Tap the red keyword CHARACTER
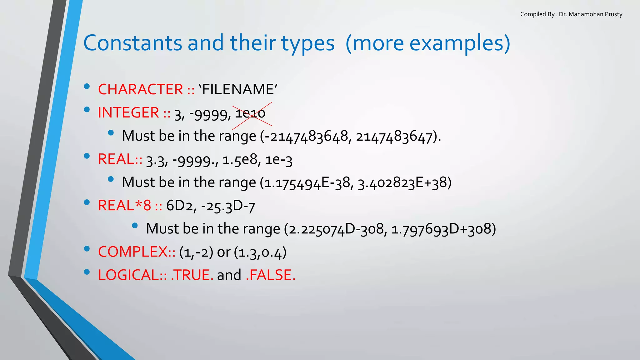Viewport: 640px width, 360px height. pyautogui.click(x=140, y=89)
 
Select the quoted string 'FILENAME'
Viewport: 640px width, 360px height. pyautogui.click(x=238, y=89)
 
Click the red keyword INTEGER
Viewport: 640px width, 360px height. pyautogui.click(x=128, y=112)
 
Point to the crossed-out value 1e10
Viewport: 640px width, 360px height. pyautogui.click(x=250, y=113)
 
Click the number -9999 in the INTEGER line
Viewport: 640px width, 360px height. pyautogui.click(x=210, y=114)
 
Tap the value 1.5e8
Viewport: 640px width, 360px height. pyautogui.click(x=240, y=160)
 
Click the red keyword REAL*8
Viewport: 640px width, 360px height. pyautogui.click(x=124, y=206)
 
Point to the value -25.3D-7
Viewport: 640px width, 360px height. pyautogui.click(x=228, y=206)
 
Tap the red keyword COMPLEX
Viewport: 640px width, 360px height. pyautogui.click(x=133, y=252)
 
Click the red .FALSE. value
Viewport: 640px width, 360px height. pyautogui.click(x=270, y=275)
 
